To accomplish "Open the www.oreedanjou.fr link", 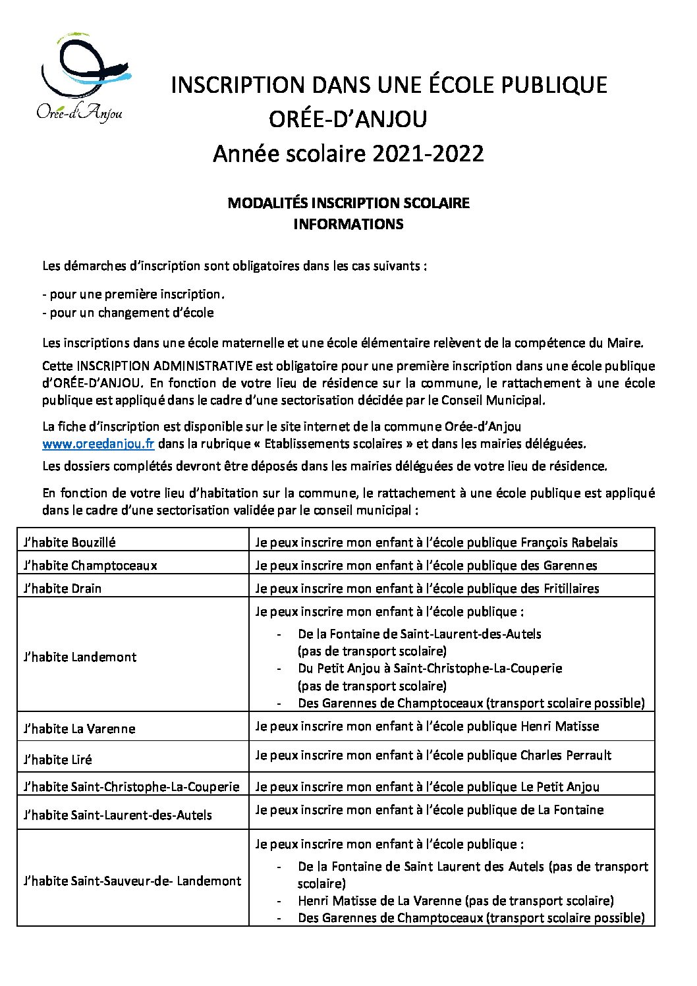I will (x=98, y=443).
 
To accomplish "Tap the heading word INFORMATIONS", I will (x=348, y=224).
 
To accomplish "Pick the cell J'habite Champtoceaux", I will (x=90, y=565).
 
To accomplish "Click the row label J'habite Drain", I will (x=62, y=588).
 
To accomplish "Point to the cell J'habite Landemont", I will (x=80, y=657).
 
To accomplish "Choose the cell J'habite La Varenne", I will (x=78, y=728).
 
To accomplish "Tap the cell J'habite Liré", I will (x=57, y=759).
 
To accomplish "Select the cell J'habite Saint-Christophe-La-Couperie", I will (x=131, y=786).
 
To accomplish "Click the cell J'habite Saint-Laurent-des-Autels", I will (x=117, y=815).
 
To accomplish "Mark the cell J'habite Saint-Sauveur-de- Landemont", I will (x=132, y=881).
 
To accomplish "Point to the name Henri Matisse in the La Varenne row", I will (x=560, y=726).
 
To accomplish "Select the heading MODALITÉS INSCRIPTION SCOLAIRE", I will (x=348, y=203).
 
